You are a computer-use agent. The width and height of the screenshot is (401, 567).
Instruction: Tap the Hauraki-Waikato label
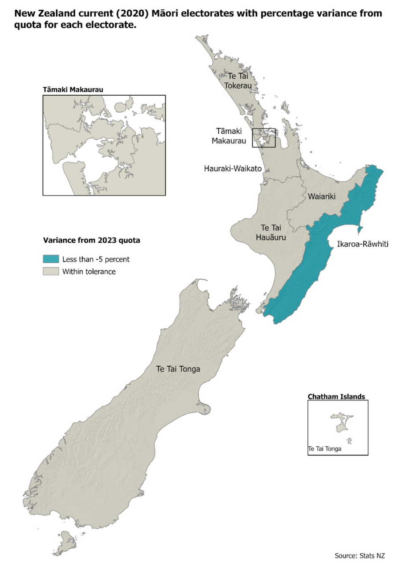233,169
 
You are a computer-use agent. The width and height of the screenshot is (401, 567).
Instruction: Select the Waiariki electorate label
319,196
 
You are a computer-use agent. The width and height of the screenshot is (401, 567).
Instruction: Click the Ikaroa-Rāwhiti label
356,244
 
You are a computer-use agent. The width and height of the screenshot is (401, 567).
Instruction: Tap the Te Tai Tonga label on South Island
178,369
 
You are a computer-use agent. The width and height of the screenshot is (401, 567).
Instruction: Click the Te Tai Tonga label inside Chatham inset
325,449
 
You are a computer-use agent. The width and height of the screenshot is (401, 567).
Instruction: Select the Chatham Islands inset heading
336,396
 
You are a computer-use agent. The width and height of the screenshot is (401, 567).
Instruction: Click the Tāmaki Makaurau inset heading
73,90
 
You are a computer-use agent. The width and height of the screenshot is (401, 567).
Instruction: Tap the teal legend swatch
51,259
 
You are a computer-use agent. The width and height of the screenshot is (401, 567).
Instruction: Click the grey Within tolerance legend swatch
51,271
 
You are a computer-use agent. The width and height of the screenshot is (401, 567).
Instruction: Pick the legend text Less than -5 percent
96,259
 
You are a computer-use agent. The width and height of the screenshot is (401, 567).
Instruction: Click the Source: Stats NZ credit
360,555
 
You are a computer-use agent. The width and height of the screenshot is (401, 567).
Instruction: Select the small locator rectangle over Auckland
264,138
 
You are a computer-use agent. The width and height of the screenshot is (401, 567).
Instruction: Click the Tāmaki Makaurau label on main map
231,136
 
